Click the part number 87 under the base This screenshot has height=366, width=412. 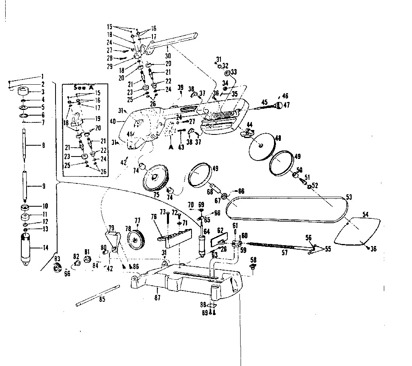[157, 297]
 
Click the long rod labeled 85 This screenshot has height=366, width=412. [98, 295]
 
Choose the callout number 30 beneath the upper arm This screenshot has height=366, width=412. [169, 56]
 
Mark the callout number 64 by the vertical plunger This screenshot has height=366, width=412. [207, 231]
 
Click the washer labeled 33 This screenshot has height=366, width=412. [227, 73]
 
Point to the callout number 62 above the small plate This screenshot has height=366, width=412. [220, 230]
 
